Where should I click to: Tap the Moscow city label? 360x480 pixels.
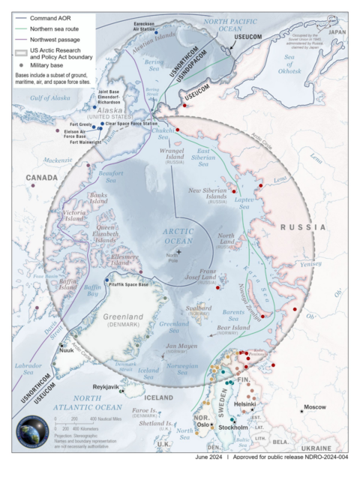(x=314, y=407)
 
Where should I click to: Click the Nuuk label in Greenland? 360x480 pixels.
(x=66, y=349)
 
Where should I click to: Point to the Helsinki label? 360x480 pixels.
(x=245, y=404)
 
